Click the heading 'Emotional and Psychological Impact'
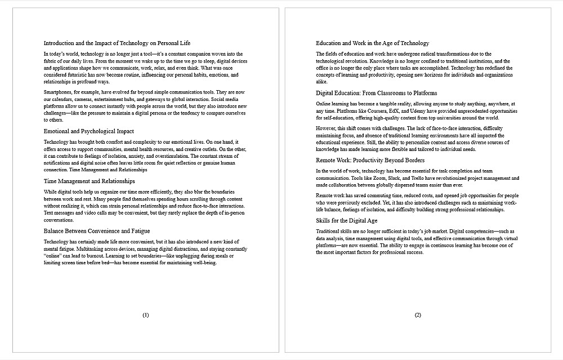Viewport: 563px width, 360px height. (89, 131)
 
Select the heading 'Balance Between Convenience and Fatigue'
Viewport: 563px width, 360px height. (97, 231)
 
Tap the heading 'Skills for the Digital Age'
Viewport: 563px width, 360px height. (347, 221)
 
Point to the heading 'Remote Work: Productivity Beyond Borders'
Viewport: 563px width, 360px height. (370, 161)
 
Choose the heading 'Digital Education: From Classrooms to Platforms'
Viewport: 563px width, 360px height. (376, 93)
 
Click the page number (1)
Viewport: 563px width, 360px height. (146, 315)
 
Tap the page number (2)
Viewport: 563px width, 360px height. (418, 315)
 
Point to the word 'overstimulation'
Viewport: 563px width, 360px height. (169, 156)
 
